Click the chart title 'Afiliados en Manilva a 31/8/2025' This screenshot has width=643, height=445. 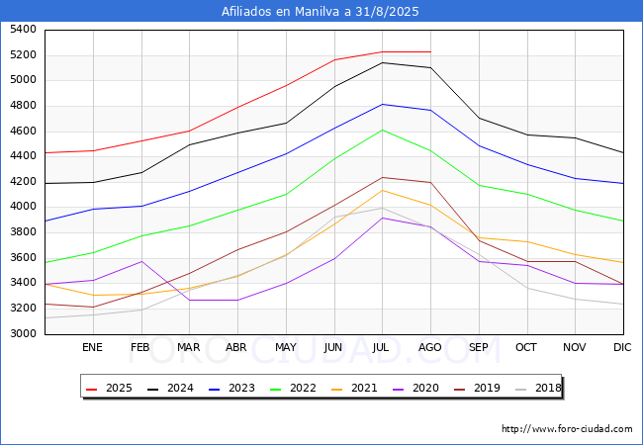tap(321, 12)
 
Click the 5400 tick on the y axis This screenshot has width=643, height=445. tap(23, 30)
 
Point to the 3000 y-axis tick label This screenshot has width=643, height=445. tap(23, 334)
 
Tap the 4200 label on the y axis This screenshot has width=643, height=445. tap(23, 182)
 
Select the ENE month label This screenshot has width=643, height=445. tap(92, 347)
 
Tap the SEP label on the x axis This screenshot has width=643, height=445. tap(479, 347)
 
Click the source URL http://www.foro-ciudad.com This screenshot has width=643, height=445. tap(567, 429)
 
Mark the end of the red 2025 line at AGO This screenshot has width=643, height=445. tap(430, 51)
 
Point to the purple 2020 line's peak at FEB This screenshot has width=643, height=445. tap(141, 261)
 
